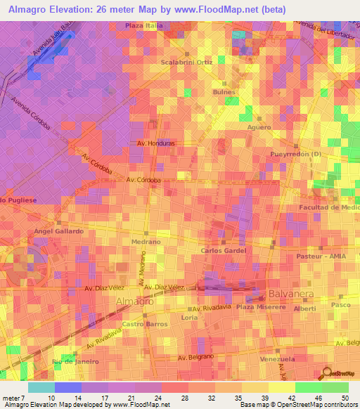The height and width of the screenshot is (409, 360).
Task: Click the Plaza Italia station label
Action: [144, 26]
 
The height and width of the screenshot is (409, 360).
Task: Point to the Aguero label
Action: [259, 127]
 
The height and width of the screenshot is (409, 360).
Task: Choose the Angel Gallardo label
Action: [59, 231]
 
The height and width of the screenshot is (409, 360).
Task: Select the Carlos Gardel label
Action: [223, 250]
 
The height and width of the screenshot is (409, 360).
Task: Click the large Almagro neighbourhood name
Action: [134, 301]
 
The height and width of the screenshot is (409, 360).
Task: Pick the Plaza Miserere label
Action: [261, 307]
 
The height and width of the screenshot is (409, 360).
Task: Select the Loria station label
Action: [190, 318]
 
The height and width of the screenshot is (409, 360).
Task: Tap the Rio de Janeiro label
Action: [75, 361]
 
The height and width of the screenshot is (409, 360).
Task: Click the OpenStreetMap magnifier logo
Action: [327, 372]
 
